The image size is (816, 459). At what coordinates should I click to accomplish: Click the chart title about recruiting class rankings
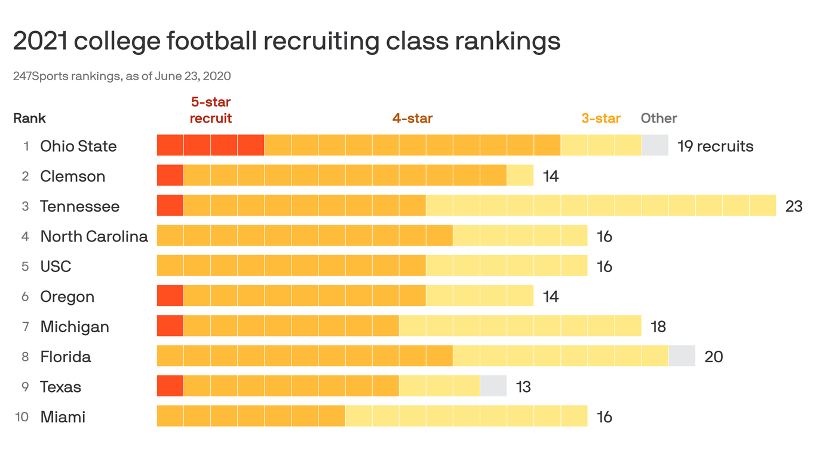pyautogui.click(x=287, y=41)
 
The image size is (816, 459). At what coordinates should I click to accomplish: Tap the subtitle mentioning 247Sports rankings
pyautogui.click(x=122, y=76)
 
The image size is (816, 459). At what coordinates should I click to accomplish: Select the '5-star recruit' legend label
pyautogui.click(x=211, y=111)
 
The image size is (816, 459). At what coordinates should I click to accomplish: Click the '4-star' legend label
pyautogui.click(x=412, y=118)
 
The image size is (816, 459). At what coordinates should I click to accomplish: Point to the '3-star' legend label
pyautogui.click(x=601, y=118)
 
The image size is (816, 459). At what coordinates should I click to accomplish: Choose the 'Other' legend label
pyautogui.click(x=659, y=118)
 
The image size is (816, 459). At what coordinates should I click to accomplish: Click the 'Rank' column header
pyautogui.click(x=29, y=118)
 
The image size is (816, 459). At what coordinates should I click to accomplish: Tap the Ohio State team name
pyautogui.click(x=78, y=146)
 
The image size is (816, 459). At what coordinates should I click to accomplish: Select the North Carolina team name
pyautogui.click(x=94, y=237)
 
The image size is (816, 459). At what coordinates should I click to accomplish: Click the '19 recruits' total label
pyautogui.click(x=715, y=146)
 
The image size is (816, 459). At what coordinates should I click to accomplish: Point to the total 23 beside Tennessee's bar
pyautogui.click(x=794, y=207)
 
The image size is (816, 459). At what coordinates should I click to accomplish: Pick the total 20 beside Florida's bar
pyautogui.click(x=714, y=357)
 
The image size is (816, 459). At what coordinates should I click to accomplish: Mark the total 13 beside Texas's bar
pyautogui.click(x=523, y=387)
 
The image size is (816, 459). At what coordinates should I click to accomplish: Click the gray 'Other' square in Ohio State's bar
pyautogui.click(x=655, y=145)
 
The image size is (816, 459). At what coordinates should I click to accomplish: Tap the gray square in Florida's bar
pyautogui.click(x=682, y=356)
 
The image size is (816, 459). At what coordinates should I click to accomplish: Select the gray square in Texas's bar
pyautogui.click(x=493, y=385)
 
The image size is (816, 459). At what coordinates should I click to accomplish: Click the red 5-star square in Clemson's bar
pyautogui.click(x=170, y=175)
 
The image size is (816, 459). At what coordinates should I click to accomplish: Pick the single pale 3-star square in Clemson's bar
pyautogui.click(x=520, y=175)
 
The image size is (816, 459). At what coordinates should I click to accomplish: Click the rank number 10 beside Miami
pyautogui.click(x=22, y=417)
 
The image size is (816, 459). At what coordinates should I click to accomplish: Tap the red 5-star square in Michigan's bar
pyautogui.click(x=170, y=326)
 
